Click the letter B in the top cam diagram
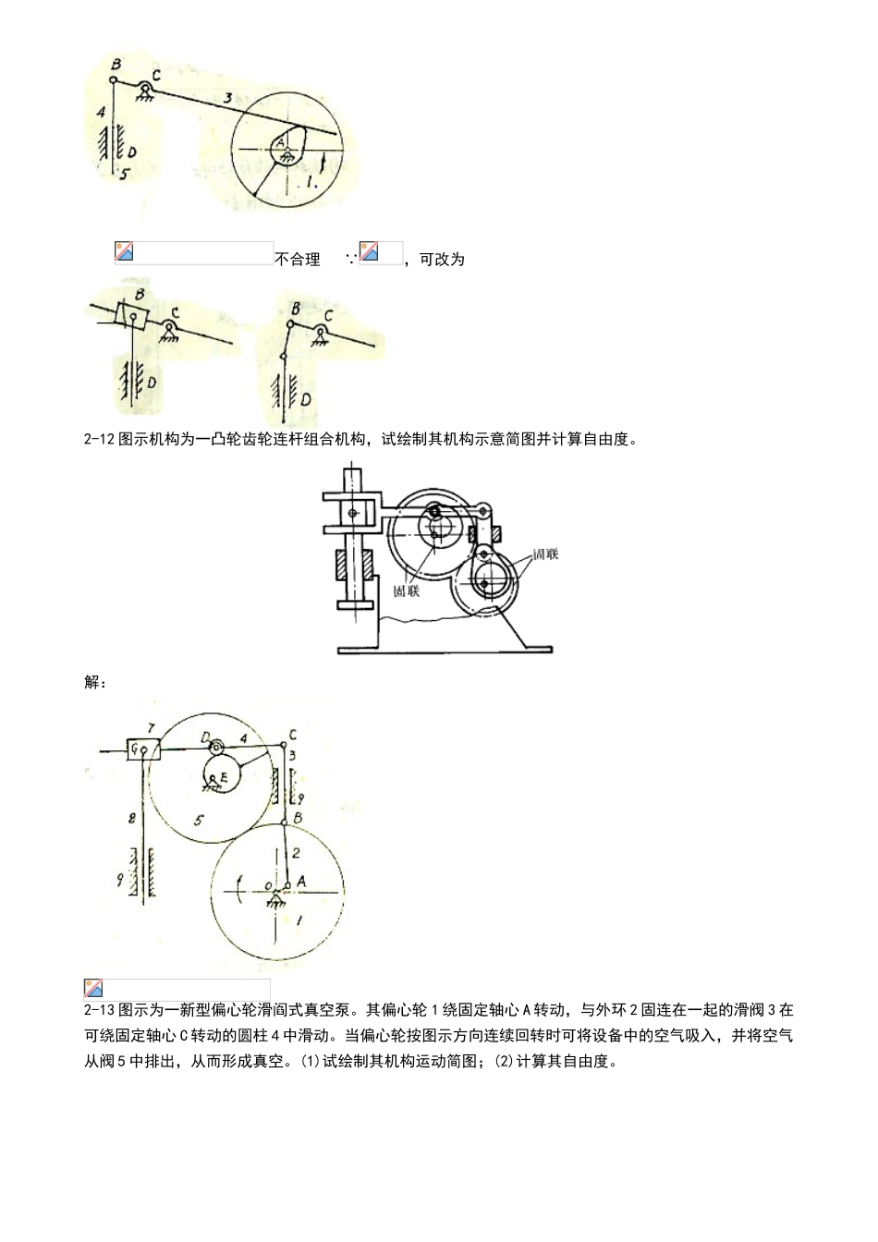116,64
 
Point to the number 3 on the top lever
226,97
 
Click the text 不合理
298,260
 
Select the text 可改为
442,260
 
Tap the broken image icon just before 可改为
369,250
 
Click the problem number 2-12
99,440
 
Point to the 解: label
95,683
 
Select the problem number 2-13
99,1010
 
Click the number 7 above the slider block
150,730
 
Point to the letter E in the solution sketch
223,779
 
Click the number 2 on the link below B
296,853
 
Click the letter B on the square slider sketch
139,295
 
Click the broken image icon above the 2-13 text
93,988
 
